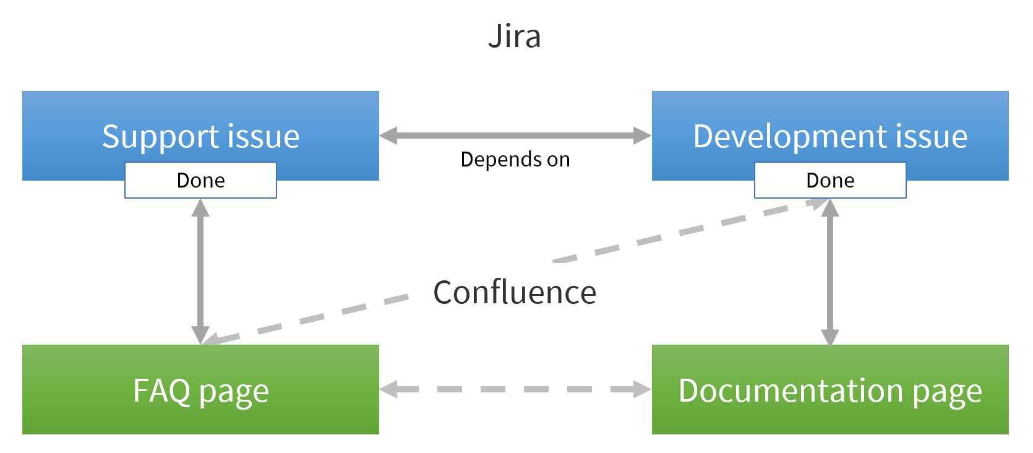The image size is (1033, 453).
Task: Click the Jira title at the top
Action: tap(515, 36)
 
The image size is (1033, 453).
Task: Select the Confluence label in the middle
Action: tap(515, 292)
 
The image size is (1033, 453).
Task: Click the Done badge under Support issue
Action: tap(200, 180)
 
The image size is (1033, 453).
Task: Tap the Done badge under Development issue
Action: tap(830, 180)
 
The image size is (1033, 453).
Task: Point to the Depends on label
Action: tap(515, 160)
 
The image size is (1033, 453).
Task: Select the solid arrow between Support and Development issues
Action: tap(515, 136)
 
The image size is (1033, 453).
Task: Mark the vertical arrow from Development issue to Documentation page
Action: tap(830, 272)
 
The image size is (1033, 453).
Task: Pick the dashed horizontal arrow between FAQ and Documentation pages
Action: tap(515, 389)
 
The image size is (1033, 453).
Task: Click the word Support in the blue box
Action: tap(152, 137)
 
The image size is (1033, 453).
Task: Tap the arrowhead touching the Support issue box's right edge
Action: tap(388, 136)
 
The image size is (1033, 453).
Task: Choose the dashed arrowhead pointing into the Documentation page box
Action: tap(642, 389)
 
